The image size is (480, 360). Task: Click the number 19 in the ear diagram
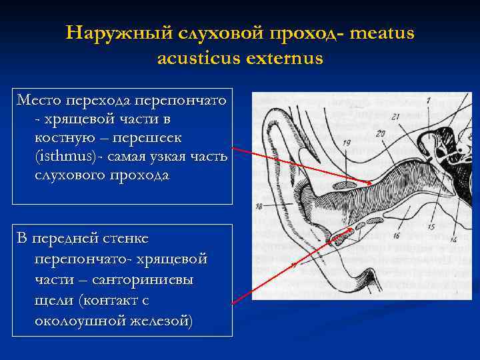[x=347, y=143]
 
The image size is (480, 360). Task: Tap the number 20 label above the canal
[x=381, y=133]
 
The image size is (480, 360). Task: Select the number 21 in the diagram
[x=395, y=117]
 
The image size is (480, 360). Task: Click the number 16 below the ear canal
[x=397, y=235]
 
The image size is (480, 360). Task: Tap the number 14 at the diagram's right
[x=454, y=239]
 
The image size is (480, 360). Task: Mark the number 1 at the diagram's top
[x=429, y=101]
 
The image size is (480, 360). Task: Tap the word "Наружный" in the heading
[x=109, y=33]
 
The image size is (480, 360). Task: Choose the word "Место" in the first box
[x=38, y=101]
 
